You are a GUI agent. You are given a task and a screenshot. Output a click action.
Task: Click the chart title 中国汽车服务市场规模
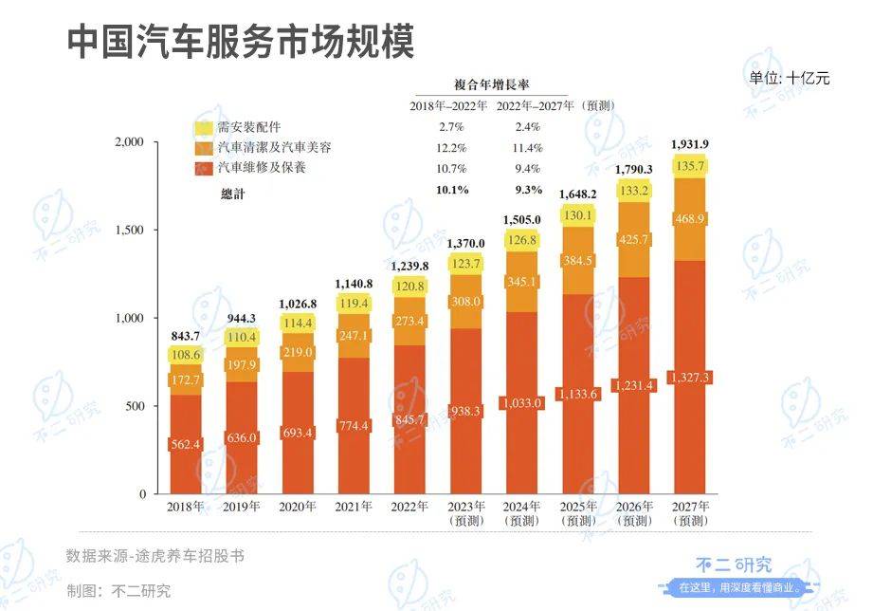241,42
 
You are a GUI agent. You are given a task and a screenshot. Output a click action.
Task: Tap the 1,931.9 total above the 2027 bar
689,144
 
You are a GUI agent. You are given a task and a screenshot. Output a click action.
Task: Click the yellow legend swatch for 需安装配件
204,127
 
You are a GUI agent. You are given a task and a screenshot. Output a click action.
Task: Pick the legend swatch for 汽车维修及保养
204,169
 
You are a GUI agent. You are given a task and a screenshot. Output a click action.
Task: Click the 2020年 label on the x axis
299,508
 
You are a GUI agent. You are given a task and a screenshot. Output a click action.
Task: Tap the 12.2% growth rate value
452,148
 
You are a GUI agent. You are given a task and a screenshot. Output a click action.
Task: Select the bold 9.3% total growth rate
528,190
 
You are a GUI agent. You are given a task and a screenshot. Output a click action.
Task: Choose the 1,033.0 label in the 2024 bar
523,403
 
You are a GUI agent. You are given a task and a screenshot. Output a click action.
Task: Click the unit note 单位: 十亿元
789,79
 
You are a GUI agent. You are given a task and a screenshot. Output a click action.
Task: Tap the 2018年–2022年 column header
449,104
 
